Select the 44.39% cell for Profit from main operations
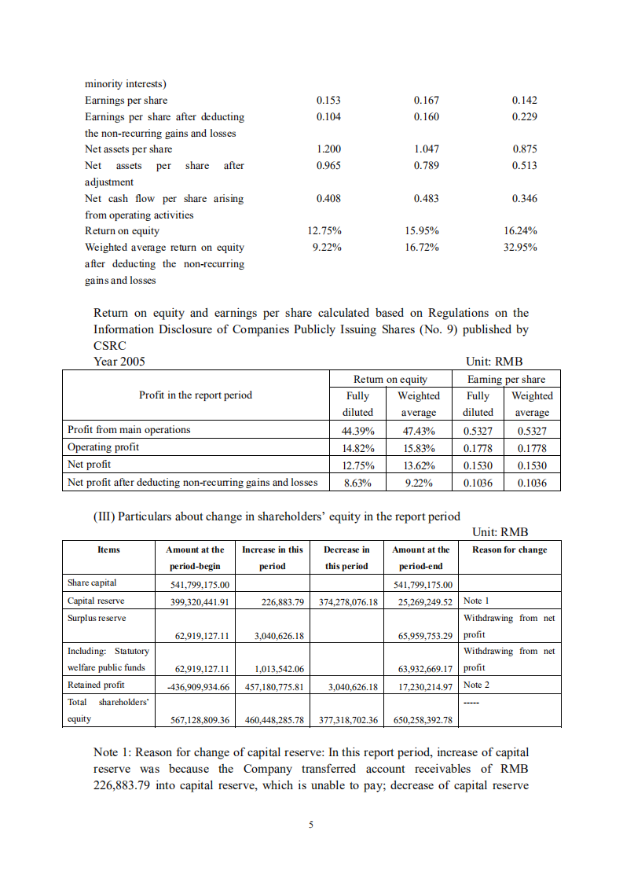[x=357, y=431]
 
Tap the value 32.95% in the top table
[x=520, y=248]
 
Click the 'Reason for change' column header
[x=510, y=549]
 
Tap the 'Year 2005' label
[x=119, y=362]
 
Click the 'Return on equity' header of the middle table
[x=390, y=379]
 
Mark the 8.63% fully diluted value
[x=357, y=483]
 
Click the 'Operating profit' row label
[x=104, y=447]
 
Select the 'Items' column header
[x=108, y=549]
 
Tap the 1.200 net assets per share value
[x=328, y=149]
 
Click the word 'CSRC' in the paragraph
[x=110, y=346]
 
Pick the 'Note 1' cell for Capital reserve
[x=477, y=601]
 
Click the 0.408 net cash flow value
[x=328, y=199]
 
